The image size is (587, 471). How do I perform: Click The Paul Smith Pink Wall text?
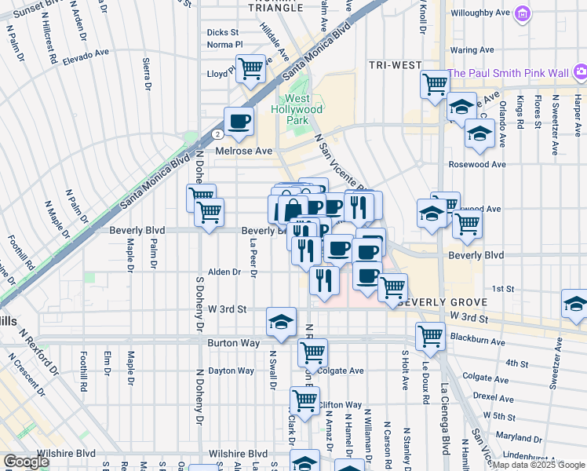(508, 73)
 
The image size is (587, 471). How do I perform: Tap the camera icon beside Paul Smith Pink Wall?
(580, 73)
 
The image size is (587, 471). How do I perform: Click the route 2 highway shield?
(216, 134)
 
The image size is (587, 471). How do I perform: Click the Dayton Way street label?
(231, 371)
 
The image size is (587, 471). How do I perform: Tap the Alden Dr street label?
(223, 272)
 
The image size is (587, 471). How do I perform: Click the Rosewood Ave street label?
(476, 164)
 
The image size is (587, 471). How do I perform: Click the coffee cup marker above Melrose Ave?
(239, 121)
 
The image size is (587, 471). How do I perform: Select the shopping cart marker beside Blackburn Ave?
(430, 335)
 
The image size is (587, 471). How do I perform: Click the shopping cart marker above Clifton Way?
(304, 399)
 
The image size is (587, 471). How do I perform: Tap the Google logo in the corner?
(27, 462)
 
